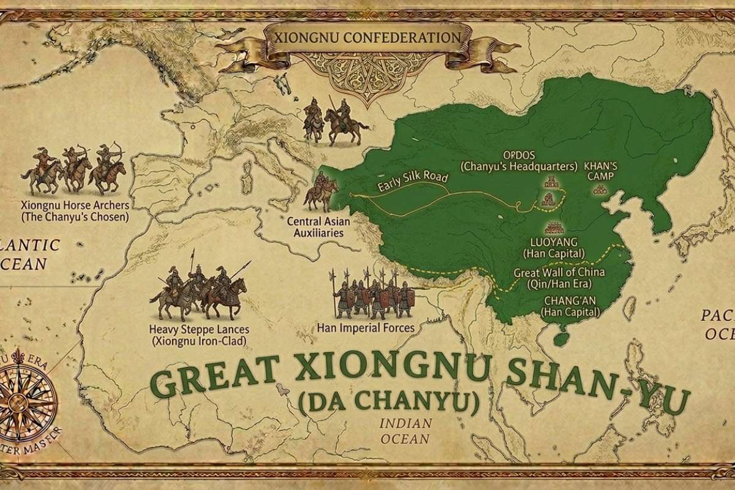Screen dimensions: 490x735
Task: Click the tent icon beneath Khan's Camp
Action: (601, 190)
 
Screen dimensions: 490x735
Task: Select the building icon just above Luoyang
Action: (554, 227)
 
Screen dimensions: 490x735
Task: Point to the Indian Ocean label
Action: (405, 431)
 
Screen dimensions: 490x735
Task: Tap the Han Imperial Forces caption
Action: (366, 328)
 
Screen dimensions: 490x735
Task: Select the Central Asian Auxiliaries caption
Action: (311, 227)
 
